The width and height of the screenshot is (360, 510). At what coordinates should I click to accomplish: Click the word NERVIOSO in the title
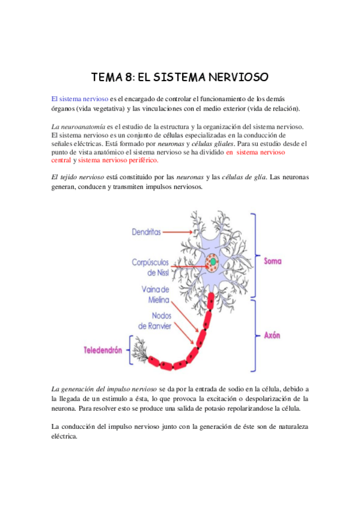[x=236, y=78]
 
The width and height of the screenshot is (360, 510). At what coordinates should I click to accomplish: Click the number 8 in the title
[x=129, y=78]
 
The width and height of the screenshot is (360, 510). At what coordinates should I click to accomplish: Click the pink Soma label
[x=273, y=261]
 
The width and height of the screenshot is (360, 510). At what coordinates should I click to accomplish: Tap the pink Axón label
[x=272, y=334]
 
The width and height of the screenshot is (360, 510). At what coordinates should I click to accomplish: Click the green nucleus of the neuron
[x=212, y=262]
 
